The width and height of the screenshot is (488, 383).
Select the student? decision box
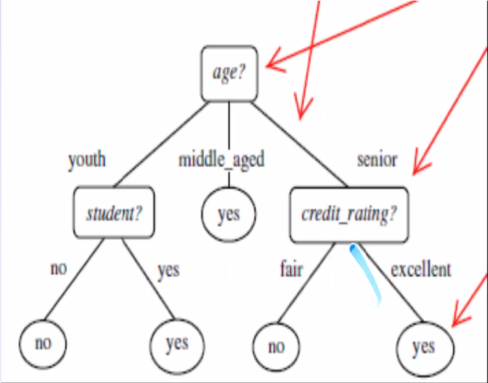coord(114,213)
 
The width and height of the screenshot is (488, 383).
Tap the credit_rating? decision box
coord(348,213)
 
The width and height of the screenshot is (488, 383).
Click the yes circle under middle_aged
coord(228,213)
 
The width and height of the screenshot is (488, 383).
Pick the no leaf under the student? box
coord(43,342)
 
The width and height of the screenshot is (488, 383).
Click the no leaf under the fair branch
coord(276,346)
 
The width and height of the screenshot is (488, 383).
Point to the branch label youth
coord(87,159)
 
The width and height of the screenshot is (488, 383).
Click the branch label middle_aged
coord(221,159)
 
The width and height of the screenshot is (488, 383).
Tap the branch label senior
coord(376,159)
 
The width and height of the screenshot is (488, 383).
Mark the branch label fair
coord(291,268)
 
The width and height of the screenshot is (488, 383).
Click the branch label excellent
coord(421,268)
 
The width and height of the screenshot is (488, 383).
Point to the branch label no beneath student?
coord(58,268)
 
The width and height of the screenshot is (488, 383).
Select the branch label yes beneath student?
coord(167,270)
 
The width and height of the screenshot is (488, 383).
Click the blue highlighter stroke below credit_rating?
coord(367,272)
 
